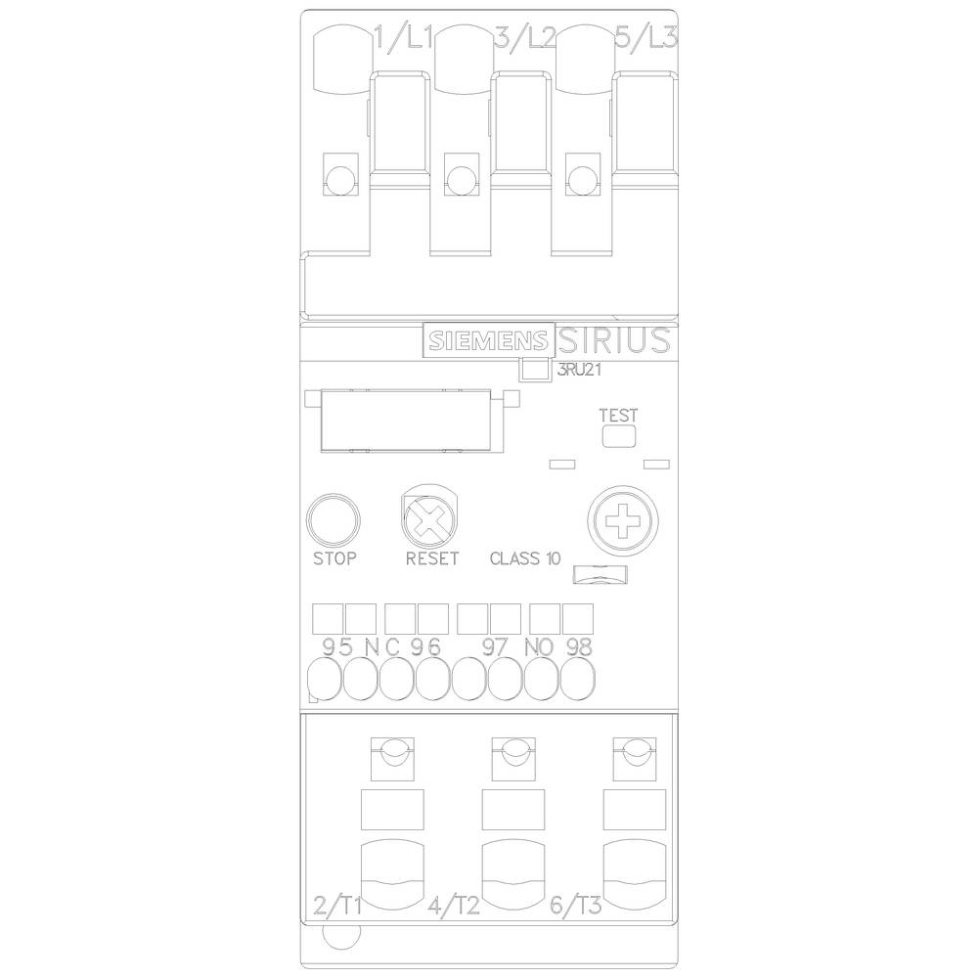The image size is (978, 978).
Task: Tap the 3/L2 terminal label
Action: [525, 39]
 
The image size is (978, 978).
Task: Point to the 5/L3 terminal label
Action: [645, 39]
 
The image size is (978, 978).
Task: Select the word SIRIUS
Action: [615, 340]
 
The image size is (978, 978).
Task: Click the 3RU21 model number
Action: [577, 371]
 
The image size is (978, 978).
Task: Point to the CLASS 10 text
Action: [525, 559]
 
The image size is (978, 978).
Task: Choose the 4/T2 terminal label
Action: [454, 904]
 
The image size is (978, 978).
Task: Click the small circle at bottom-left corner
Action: [338, 939]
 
